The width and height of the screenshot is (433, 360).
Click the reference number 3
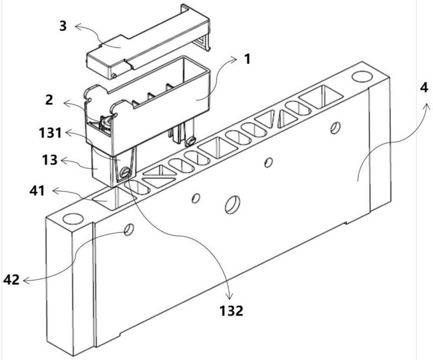coord(63,26)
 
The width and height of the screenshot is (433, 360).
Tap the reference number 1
coord(247,59)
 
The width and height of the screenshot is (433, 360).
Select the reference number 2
coord(49,100)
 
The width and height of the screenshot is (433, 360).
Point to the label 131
coord(50,133)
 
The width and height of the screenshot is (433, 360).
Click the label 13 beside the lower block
coord(50,160)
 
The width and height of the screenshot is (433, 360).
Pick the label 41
coord(37,191)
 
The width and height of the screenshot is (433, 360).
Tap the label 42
coord(11,280)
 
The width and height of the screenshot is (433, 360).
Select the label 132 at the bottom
coord(232,311)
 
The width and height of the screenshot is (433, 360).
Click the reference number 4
coord(424,88)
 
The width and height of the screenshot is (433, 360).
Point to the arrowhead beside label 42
coord(25,281)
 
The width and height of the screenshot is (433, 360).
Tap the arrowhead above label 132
coord(229,297)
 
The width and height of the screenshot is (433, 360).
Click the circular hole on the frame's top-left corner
coord(73,219)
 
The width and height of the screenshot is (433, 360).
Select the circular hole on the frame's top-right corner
coord(362,76)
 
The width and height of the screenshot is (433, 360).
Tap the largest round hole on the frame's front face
coord(233,205)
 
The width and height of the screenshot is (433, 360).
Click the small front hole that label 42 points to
coord(129,230)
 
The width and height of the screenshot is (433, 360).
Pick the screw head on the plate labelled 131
coord(125,173)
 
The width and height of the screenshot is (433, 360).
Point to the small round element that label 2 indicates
coord(106,122)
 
